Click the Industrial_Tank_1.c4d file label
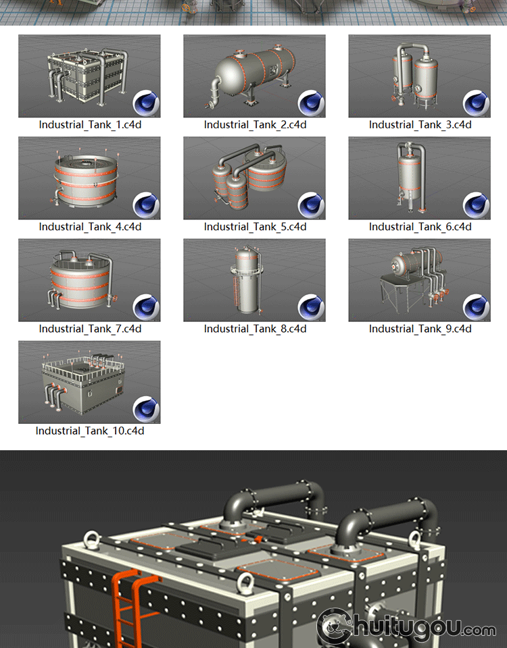click(90, 125)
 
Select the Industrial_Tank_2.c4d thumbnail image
click(255, 76)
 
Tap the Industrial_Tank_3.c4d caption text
click(420, 125)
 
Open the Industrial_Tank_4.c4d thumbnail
click(89, 178)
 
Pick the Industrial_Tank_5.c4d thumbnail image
click(255, 178)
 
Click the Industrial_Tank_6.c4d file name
click(420, 227)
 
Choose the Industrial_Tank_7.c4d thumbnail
click(89, 280)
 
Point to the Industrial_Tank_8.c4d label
click(255, 329)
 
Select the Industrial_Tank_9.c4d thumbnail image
click(420, 280)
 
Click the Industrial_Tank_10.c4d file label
click(90, 431)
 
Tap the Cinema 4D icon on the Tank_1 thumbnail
click(146, 103)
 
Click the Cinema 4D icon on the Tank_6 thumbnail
click(477, 205)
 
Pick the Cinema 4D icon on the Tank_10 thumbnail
click(146, 410)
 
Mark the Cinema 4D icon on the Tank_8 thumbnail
click(311, 308)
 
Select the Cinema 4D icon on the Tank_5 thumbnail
click(311, 205)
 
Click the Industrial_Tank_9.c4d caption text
click(420, 329)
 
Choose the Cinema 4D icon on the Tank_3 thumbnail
click(477, 103)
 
